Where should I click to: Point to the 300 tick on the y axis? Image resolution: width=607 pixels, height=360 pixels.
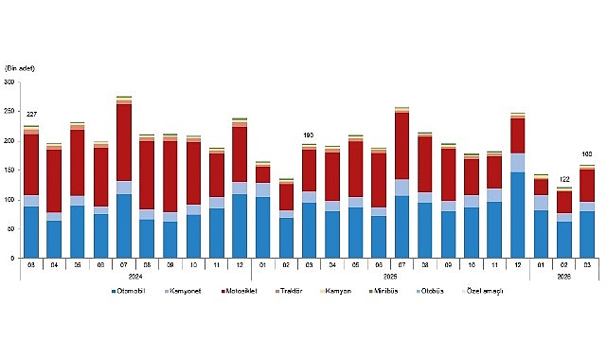click(9, 82)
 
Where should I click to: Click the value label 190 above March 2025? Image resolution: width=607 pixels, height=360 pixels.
click(309, 135)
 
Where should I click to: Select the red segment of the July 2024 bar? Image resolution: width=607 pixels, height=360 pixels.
click(123, 142)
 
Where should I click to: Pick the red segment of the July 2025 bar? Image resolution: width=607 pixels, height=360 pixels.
click(402, 146)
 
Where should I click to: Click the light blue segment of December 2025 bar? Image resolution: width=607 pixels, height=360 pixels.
click(517, 162)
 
